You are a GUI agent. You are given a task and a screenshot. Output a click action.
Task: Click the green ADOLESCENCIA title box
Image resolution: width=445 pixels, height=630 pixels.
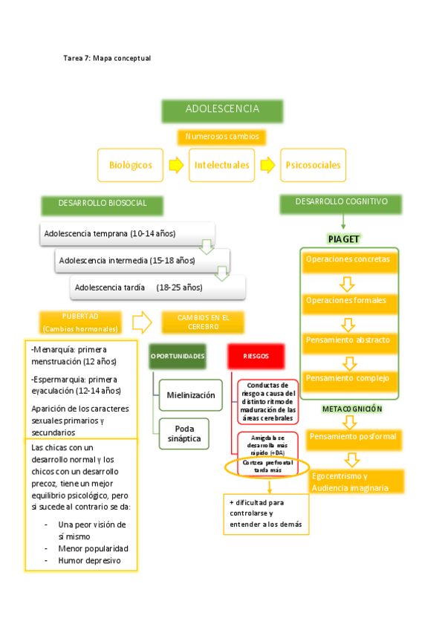(x=223, y=110)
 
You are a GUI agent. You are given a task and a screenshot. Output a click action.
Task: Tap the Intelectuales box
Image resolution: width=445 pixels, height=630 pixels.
(x=222, y=165)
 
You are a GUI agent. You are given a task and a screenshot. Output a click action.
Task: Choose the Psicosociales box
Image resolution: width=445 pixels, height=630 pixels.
(x=313, y=165)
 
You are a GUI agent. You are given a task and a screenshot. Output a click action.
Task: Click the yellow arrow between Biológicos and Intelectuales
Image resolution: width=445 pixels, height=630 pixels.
(x=176, y=165)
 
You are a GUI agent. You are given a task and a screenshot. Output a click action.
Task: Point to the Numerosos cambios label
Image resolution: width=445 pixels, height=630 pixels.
(x=222, y=137)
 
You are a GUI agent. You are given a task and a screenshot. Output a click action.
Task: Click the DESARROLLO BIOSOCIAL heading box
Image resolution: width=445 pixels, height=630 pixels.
(x=103, y=203)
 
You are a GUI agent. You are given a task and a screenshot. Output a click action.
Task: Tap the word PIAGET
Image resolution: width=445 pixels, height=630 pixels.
(x=344, y=238)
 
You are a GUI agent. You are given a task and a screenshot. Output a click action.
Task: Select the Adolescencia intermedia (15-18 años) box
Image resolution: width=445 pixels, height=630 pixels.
(x=142, y=260)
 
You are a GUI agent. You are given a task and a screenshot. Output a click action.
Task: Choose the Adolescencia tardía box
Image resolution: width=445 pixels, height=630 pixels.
(x=157, y=287)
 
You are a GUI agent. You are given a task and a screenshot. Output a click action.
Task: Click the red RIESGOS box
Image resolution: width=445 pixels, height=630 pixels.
(x=256, y=357)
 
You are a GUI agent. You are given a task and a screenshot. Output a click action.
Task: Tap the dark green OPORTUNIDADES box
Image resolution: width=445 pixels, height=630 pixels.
(x=178, y=357)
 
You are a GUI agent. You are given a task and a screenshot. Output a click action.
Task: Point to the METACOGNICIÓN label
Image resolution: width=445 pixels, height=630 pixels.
(x=352, y=409)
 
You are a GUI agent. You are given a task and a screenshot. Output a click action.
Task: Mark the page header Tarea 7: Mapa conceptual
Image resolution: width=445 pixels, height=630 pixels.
(x=107, y=58)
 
